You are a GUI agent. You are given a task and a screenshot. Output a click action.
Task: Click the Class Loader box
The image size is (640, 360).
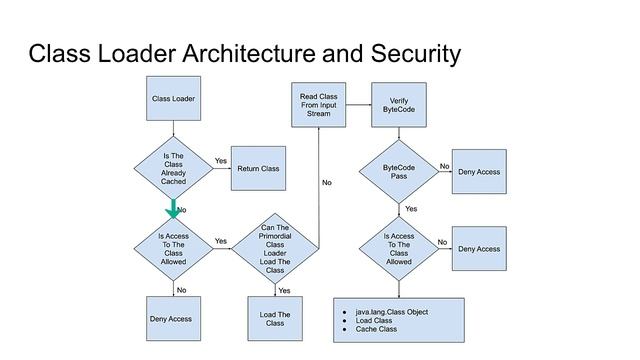(x=173, y=99)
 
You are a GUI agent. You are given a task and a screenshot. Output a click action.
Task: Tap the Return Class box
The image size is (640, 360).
(x=258, y=169)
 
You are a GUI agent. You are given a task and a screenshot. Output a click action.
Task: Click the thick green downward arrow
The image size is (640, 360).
(x=173, y=209)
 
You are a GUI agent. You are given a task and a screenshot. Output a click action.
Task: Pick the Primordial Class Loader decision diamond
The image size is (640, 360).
(x=275, y=249)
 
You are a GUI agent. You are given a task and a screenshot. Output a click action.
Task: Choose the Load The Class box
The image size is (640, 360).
(x=275, y=318)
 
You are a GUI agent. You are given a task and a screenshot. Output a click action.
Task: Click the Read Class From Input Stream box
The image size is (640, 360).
(x=318, y=105)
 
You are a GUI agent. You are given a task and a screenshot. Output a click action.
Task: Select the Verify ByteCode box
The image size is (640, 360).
(x=399, y=105)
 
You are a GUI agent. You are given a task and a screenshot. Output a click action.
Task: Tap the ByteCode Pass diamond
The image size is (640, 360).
(x=399, y=171)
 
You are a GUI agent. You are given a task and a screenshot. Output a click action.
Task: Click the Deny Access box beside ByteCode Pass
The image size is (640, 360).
(x=478, y=172)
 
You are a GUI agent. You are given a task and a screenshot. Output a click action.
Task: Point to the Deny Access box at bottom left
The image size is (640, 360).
(x=173, y=318)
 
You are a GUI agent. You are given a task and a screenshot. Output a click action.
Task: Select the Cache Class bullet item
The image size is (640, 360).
(x=376, y=329)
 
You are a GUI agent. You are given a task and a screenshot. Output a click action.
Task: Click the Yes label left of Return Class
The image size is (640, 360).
(x=220, y=161)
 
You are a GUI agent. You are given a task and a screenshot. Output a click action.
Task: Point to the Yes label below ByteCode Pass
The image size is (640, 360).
(x=410, y=209)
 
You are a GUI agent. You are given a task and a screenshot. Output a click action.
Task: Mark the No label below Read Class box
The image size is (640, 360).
(x=326, y=183)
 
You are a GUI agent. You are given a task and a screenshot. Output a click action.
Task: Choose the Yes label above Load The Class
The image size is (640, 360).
(x=284, y=290)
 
